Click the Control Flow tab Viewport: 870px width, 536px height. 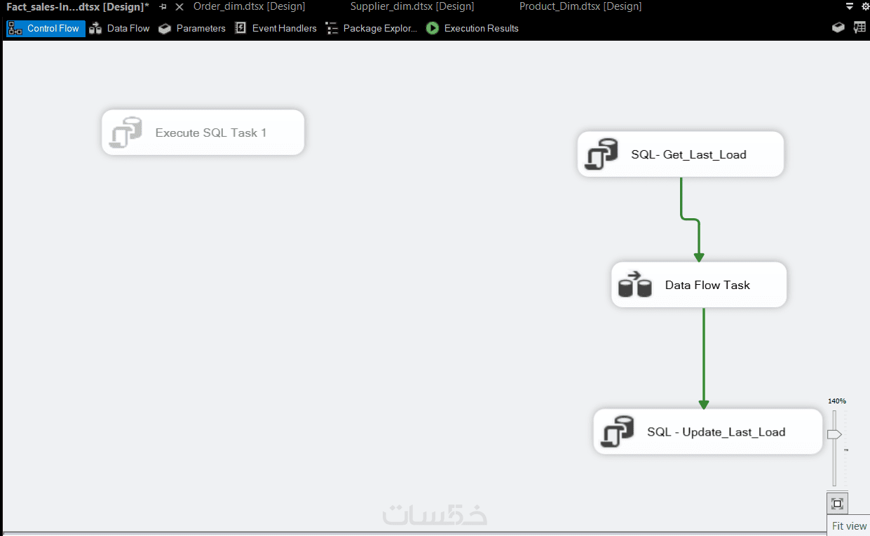(x=46, y=28)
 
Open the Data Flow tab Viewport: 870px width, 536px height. (x=119, y=28)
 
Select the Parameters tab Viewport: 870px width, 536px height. (x=192, y=28)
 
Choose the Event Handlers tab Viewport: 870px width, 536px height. (x=276, y=28)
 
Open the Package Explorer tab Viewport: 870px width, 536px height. (x=372, y=28)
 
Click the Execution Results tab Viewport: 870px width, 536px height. (x=473, y=28)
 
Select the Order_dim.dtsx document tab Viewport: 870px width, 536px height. (x=250, y=6)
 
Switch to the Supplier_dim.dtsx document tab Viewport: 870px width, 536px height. (x=412, y=6)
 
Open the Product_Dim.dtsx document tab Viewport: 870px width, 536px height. (x=580, y=6)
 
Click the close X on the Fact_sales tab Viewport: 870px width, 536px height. (x=179, y=7)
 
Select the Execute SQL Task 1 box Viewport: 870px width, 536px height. (x=203, y=133)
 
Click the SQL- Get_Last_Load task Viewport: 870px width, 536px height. (x=681, y=154)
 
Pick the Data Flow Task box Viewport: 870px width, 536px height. (x=699, y=285)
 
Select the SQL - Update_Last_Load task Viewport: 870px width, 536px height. (x=707, y=431)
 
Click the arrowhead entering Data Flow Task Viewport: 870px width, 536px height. (x=699, y=257)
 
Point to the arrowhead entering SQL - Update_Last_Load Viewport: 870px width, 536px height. (x=704, y=404)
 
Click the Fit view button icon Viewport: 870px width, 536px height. (x=837, y=504)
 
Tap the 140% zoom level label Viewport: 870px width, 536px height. (x=836, y=401)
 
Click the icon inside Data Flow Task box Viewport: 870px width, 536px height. (x=634, y=285)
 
